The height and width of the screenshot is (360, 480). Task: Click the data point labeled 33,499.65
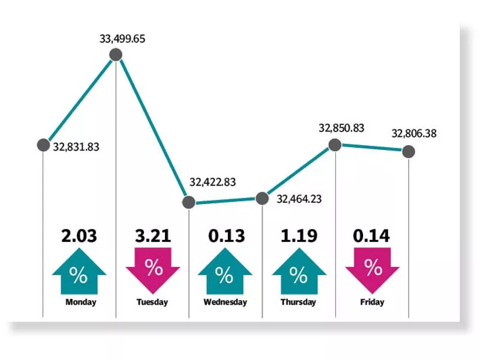116,55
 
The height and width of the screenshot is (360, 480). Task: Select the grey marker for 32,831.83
43,145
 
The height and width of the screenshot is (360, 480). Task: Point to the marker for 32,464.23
262,198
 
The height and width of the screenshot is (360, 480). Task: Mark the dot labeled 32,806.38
409,151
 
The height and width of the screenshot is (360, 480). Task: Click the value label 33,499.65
122,40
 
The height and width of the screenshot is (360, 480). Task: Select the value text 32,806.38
414,134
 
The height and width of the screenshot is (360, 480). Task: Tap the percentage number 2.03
79,236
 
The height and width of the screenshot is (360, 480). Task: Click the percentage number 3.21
153,236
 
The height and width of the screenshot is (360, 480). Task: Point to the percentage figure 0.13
226,236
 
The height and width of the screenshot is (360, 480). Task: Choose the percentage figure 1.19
299,236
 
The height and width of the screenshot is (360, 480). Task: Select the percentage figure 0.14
372,236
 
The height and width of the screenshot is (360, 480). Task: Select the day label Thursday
298,302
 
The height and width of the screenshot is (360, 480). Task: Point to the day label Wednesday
225,302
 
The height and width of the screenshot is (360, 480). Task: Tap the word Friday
373,302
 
